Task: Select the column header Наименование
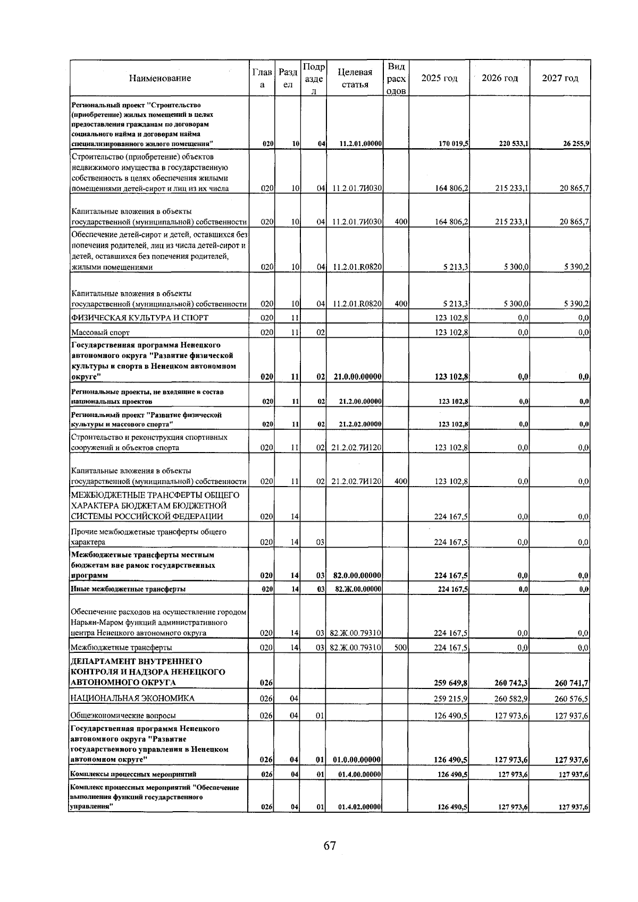159,79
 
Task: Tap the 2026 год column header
499,79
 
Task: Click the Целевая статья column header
355,79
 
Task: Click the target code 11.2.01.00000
361,144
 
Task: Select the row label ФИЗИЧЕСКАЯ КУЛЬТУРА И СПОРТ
140,318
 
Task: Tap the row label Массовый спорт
100,333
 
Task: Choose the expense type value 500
401,648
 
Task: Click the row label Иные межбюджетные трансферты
128,589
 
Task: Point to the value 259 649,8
451,683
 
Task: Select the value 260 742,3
511,683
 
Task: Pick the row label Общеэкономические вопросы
123,716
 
